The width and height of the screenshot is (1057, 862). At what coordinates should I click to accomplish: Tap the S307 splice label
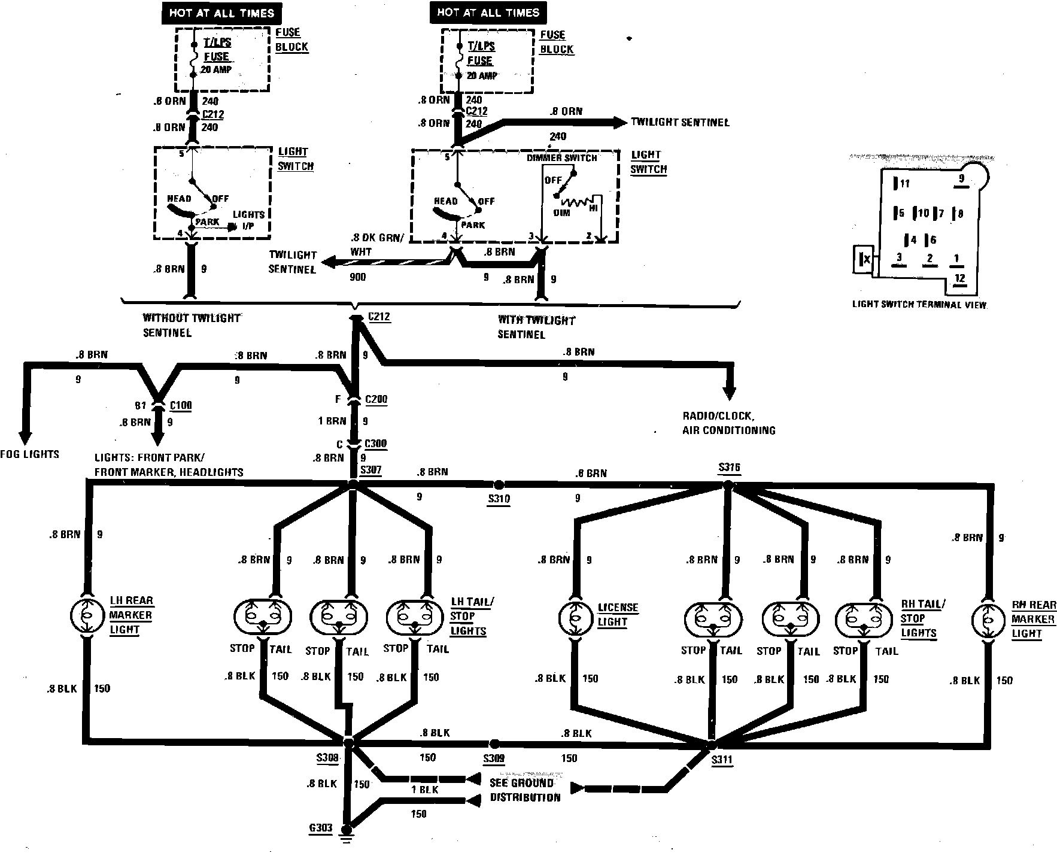(x=371, y=469)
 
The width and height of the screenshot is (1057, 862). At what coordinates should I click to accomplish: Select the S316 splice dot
(x=728, y=485)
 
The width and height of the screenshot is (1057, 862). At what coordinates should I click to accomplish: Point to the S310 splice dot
(x=498, y=484)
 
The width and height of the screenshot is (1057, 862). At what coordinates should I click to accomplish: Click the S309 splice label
(x=494, y=758)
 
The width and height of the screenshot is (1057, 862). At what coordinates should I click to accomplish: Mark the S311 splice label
(x=722, y=760)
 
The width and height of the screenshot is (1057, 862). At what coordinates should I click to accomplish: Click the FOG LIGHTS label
(x=30, y=454)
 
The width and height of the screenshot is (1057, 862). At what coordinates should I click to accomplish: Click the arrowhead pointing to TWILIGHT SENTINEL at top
(x=618, y=123)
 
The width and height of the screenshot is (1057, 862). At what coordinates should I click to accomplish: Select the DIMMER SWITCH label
(x=562, y=158)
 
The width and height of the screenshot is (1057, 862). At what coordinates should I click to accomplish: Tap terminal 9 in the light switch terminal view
(x=962, y=179)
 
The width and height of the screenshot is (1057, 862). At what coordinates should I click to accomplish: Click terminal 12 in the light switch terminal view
(x=960, y=278)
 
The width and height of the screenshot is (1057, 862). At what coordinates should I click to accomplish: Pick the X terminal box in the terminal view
(x=863, y=259)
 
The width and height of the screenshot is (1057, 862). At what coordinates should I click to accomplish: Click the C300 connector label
(x=376, y=444)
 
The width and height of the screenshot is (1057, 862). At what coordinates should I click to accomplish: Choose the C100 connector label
(x=181, y=405)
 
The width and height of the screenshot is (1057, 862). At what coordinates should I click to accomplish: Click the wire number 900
(x=358, y=277)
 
